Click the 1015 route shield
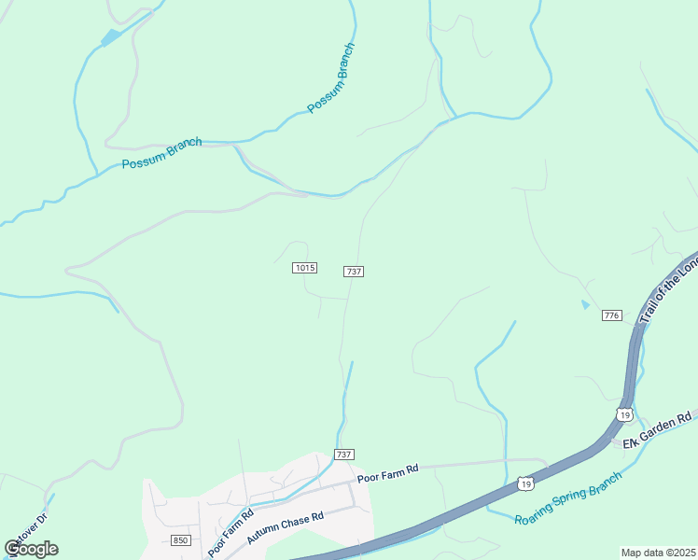coord(305,268)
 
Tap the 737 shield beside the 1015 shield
coord(353,271)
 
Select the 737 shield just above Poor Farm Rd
coord(343,455)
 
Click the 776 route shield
coord(612,315)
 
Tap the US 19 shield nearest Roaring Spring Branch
coord(526,483)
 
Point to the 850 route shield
coord(181,540)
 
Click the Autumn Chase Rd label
coord(285,528)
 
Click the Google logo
coord(31,548)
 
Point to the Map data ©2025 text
coord(658,553)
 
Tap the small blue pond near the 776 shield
coord(585,304)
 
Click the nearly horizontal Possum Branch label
coord(161,154)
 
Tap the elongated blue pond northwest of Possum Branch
coord(111,37)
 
